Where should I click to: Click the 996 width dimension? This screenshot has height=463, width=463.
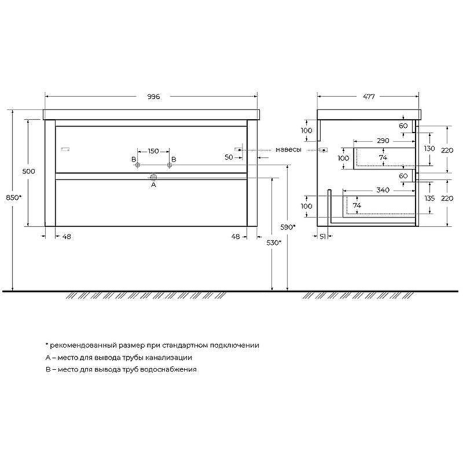(x=153, y=97)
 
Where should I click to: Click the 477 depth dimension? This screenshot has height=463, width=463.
(x=369, y=97)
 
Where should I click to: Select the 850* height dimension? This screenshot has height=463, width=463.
(x=14, y=197)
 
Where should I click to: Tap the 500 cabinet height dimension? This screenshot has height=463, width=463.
(x=28, y=171)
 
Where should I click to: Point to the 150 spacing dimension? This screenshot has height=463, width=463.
(x=153, y=151)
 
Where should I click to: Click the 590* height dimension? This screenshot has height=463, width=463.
(x=288, y=227)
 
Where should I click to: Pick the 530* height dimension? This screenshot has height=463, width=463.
(x=274, y=242)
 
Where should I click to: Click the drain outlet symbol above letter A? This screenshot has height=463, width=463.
(x=153, y=177)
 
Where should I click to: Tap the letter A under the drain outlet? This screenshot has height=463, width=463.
(x=153, y=185)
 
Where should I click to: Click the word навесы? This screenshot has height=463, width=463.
(x=288, y=150)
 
